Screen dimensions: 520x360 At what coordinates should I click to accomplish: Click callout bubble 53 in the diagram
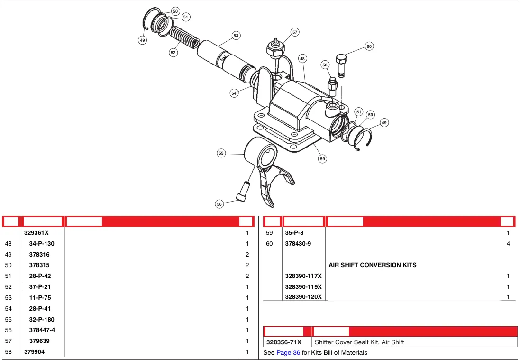236,36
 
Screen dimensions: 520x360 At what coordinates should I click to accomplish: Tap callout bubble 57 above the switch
295,32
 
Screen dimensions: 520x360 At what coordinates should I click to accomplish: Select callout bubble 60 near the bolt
369,46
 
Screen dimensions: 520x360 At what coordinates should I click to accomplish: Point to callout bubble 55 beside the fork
221,153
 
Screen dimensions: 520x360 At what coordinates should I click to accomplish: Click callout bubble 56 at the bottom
219,204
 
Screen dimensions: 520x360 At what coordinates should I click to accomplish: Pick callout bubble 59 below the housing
322,158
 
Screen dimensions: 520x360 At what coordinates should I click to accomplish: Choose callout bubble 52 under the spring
173,53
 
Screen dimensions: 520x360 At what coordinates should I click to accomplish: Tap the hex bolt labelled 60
341,66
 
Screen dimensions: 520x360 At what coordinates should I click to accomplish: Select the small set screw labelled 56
242,192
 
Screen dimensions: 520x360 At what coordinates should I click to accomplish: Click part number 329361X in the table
36,232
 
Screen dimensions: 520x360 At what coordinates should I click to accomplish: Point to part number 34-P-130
41,243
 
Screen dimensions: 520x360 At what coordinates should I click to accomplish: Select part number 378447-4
42,330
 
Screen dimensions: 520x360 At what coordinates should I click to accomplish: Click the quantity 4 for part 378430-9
508,243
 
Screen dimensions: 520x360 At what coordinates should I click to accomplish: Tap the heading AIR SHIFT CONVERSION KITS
373,265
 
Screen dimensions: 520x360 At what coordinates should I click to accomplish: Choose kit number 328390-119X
303,286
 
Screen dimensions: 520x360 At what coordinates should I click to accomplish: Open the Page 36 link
288,352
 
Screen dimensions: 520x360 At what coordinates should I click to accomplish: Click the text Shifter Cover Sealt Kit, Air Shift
359,342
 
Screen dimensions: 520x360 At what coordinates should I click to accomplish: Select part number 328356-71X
283,342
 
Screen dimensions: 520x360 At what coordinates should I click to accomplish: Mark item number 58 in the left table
8,352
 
